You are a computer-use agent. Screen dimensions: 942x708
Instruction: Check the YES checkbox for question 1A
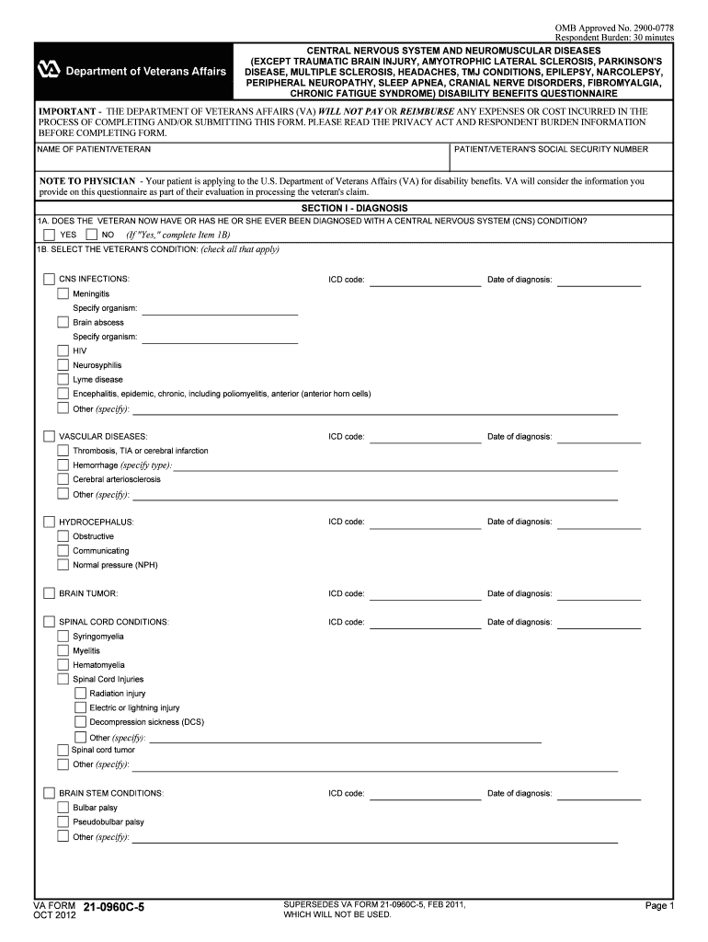pos(49,235)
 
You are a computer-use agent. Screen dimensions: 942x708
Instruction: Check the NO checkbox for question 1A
pos(91,235)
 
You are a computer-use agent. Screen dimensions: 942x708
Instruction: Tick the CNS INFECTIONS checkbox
pos(49,279)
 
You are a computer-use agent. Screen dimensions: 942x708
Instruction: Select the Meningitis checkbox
pos(63,293)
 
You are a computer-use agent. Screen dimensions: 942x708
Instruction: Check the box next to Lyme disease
pos(63,379)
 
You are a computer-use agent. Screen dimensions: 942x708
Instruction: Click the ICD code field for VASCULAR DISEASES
pos(424,436)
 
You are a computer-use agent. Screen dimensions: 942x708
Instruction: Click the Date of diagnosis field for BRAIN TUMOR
pos(599,593)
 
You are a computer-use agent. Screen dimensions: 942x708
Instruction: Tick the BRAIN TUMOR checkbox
pos(49,593)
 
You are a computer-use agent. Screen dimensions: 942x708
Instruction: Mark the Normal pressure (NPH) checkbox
pos(63,565)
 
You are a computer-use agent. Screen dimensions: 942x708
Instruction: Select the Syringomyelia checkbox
pos(63,637)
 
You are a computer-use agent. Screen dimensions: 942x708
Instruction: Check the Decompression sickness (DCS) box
pos(80,722)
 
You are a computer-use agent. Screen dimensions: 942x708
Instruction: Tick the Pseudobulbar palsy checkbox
pos(63,822)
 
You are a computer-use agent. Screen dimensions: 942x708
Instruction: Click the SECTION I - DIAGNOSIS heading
pos(354,208)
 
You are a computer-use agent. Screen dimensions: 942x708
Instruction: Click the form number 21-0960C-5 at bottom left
pos(113,909)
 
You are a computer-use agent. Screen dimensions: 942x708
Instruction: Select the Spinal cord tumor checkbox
pos(63,751)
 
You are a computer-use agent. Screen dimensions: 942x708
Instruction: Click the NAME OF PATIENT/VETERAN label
pos(94,149)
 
